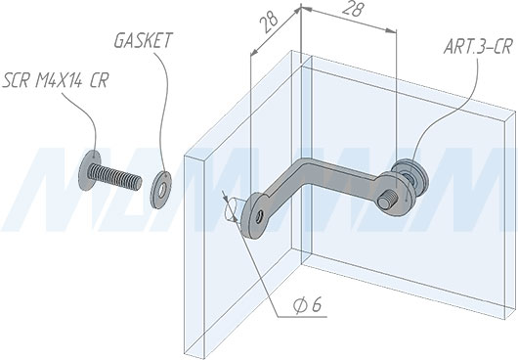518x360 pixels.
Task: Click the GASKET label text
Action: click(x=143, y=40)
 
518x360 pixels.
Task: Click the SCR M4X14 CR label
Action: click(x=55, y=80)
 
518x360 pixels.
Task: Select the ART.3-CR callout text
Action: click(x=478, y=46)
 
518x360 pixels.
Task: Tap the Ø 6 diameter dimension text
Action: click(x=307, y=306)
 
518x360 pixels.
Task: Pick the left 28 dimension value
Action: click(x=269, y=23)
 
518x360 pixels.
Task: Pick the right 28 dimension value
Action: click(x=352, y=9)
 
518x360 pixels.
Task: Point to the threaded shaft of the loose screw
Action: click(x=116, y=177)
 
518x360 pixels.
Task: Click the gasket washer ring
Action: click(x=161, y=190)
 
